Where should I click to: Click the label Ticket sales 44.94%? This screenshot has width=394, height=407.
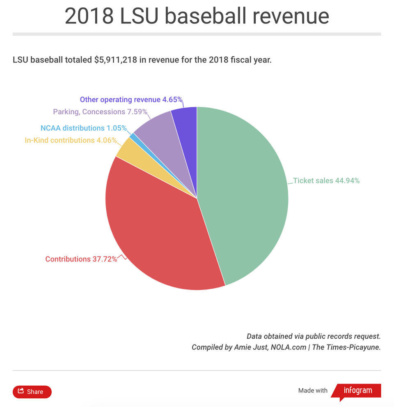pos(326,180)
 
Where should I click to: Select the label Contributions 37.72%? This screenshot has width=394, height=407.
pos(81,259)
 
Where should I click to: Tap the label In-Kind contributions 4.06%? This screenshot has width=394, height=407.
pos(71,140)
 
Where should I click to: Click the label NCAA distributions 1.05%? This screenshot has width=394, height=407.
pos(83,128)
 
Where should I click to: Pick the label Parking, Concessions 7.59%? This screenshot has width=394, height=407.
pos(100,112)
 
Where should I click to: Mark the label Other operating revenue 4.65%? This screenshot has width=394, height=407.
pos(131,99)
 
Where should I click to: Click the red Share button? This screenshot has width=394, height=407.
pos(32,392)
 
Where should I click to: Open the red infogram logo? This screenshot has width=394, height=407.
pos(357,391)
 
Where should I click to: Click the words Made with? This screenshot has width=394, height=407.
pos(313,391)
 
